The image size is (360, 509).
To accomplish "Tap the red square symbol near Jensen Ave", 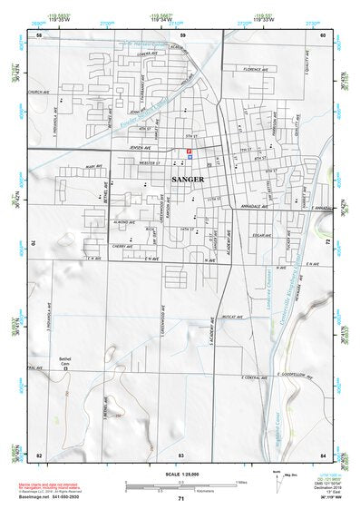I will [189, 150].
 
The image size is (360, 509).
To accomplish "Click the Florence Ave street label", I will [255, 69].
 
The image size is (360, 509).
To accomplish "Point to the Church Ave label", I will [38, 93].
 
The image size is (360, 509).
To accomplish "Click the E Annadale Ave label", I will [323, 207].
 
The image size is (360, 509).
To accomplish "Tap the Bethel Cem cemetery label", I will [64, 361].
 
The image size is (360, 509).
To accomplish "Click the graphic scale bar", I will [181, 483].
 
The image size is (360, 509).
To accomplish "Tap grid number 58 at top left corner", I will [38, 34].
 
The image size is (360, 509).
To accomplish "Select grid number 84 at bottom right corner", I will [323, 454].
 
